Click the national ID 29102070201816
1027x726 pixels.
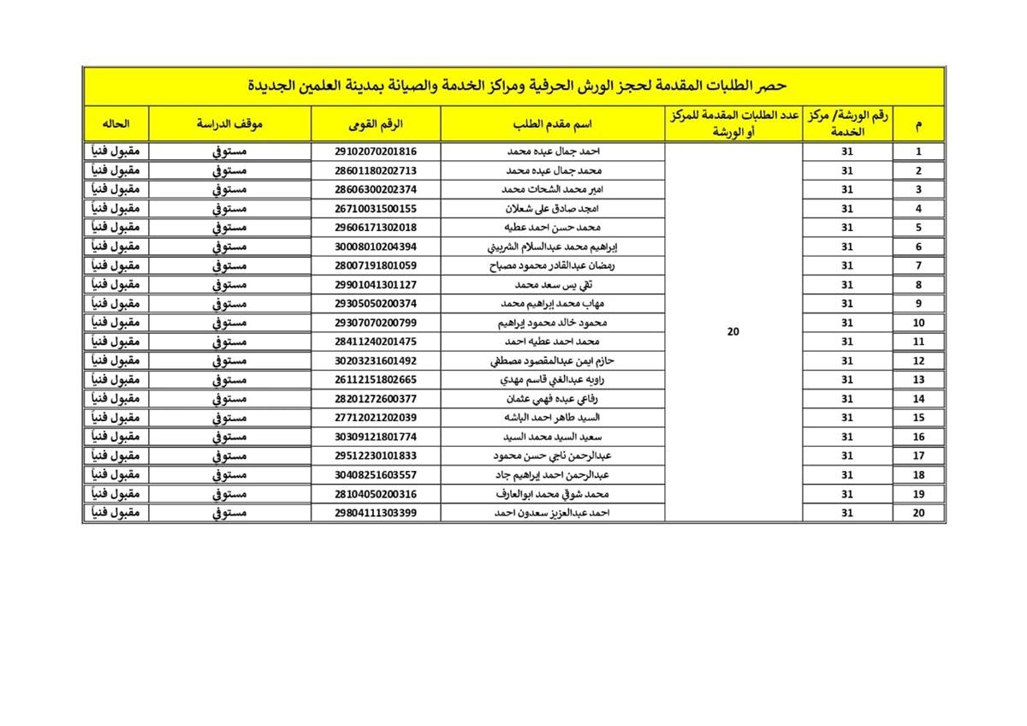376,152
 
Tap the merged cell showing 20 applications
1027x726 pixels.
733,332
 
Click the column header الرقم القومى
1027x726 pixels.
376,124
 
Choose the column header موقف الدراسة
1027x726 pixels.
230,124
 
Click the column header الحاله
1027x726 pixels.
116,124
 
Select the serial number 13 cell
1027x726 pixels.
918,380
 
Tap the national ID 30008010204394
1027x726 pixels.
376,247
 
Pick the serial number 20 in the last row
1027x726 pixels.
918,514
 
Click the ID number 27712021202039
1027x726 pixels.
376,418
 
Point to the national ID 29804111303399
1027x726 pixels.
376,514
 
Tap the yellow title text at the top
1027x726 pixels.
513,86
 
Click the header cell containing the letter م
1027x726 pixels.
918,124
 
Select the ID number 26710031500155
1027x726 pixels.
376,209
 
